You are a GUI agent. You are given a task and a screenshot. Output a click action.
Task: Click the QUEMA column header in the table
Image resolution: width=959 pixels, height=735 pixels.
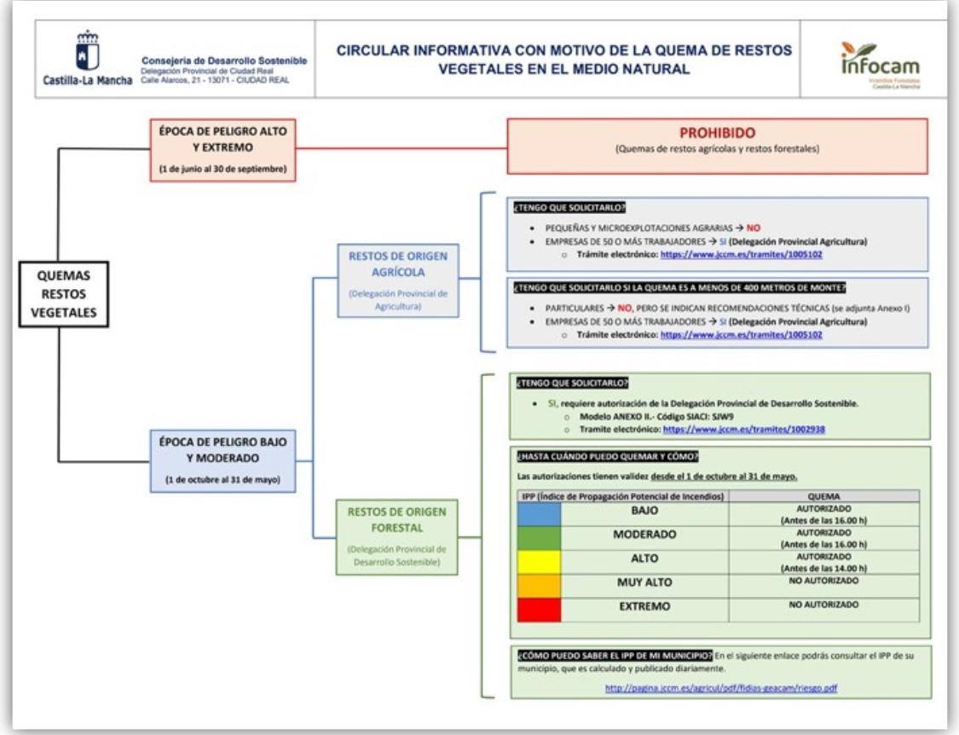click(x=823, y=495)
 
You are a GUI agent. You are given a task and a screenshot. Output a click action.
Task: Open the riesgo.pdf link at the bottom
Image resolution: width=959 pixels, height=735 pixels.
click(x=720, y=687)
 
